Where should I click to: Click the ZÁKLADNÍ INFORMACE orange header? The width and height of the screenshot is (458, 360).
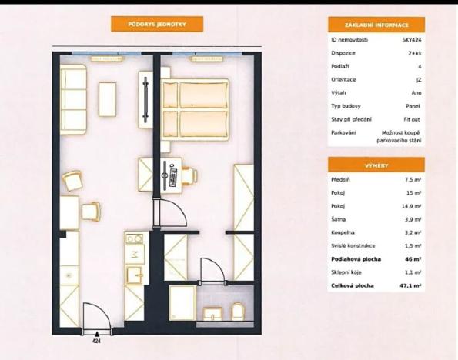[376, 25]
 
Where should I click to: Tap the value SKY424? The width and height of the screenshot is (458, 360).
[411, 39]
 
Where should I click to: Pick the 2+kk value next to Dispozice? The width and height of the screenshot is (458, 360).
[415, 53]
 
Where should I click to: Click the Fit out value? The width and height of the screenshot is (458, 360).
[413, 119]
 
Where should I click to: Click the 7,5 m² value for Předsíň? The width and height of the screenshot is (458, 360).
[413, 180]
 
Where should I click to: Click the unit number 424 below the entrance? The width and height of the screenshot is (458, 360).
[97, 339]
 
